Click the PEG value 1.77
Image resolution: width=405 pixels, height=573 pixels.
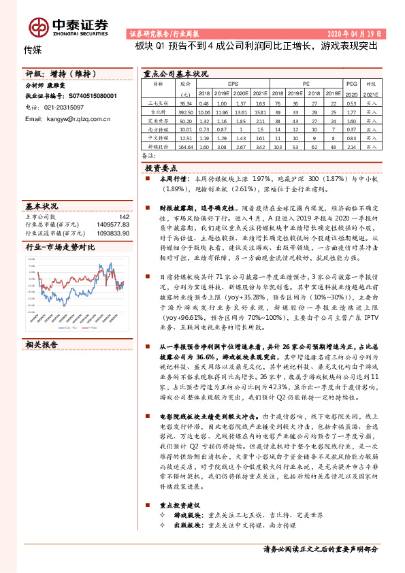click(351, 111)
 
